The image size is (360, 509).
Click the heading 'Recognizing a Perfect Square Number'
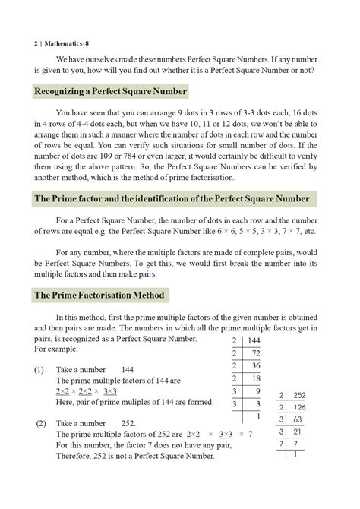[x=111, y=92]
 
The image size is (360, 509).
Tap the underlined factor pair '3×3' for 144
[x=110, y=390]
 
